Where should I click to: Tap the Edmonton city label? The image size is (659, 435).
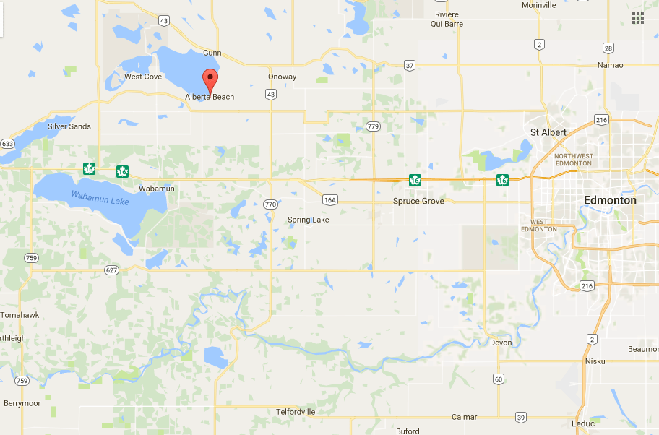click(610, 200)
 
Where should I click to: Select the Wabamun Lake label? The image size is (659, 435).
click(100, 197)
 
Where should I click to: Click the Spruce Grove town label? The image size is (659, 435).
click(418, 201)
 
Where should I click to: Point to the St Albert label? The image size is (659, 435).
click(548, 132)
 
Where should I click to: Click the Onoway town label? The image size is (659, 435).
click(282, 77)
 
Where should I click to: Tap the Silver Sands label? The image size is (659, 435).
click(69, 126)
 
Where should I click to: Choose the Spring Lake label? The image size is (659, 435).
click(309, 220)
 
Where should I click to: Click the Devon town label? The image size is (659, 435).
click(500, 343)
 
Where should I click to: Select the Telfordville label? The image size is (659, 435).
click(296, 412)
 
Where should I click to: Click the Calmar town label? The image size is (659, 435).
click(464, 417)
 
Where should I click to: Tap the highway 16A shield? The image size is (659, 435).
click(330, 199)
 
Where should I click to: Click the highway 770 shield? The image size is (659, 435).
click(270, 204)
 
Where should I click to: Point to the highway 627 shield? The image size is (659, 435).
click(111, 270)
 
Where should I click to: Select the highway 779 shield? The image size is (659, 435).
click(373, 126)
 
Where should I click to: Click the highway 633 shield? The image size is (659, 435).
click(7, 144)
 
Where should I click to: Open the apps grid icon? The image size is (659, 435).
click(638, 17)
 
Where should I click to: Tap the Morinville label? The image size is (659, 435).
click(539, 5)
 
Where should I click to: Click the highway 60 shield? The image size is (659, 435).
click(499, 379)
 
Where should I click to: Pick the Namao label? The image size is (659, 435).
click(610, 65)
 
